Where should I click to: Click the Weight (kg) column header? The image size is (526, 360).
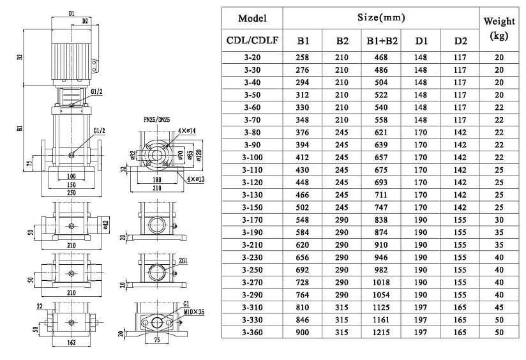(499, 29)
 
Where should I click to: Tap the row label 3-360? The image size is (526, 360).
(252, 333)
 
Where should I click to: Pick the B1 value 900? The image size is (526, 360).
(303, 333)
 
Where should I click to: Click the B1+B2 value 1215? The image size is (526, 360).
(382, 333)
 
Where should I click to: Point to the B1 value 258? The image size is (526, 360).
(303, 57)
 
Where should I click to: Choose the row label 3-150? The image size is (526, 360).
(252, 207)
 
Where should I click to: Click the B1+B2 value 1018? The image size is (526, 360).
(382, 282)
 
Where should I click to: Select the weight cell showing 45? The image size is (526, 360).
(499, 307)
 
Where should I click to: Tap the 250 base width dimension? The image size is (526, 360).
(71, 192)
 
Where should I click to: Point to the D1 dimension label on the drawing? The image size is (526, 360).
(71, 13)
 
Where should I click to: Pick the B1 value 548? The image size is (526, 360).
(303, 220)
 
